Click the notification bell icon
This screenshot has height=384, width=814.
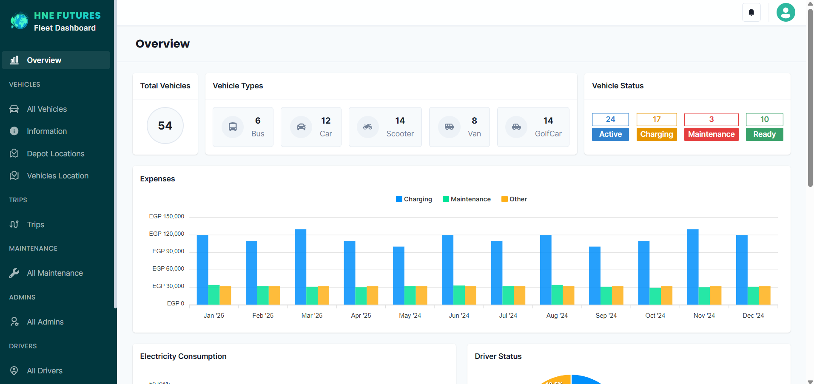point(751,12)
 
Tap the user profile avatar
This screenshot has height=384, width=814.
point(786,12)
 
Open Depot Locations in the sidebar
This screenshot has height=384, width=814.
point(55,153)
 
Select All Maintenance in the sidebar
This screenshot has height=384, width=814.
point(54,273)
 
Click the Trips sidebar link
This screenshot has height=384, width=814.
point(35,225)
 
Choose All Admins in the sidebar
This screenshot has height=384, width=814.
point(45,322)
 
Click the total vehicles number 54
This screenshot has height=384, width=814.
point(165,126)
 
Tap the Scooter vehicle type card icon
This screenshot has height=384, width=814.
point(367,127)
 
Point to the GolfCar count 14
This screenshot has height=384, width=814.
point(548,121)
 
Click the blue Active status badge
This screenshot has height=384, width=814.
point(610,134)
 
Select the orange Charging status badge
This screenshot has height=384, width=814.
point(656,134)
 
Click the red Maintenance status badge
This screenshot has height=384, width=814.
point(711,134)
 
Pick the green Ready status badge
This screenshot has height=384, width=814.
point(764,134)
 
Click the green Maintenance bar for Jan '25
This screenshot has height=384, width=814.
point(213,295)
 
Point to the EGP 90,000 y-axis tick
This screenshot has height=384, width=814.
point(168,251)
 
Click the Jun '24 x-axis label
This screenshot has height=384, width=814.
point(459,316)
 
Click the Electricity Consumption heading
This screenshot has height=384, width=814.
point(183,356)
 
